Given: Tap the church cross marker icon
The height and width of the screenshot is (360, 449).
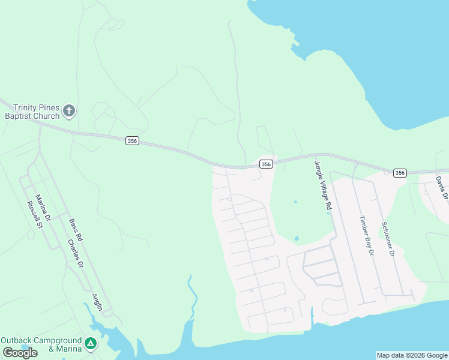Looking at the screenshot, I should click(x=70, y=110).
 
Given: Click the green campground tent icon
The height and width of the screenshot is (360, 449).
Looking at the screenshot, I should click(x=90, y=344).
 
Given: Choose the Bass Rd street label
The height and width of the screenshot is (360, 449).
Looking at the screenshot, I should click(x=75, y=230).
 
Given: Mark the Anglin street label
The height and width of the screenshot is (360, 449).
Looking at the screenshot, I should click(x=97, y=302).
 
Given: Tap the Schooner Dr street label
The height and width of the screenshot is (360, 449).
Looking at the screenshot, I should click(x=388, y=239).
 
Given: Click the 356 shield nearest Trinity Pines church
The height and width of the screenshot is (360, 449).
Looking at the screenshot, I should click(x=133, y=140).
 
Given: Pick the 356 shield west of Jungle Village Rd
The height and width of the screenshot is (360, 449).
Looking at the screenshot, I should click(x=267, y=164).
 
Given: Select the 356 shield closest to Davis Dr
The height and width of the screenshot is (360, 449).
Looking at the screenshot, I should click(x=400, y=173).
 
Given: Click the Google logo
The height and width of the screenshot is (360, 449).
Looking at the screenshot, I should click(x=20, y=352).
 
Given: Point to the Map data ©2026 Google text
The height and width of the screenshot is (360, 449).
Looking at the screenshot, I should click(x=412, y=355).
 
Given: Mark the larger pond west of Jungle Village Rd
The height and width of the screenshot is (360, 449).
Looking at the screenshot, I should click(x=297, y=238).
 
